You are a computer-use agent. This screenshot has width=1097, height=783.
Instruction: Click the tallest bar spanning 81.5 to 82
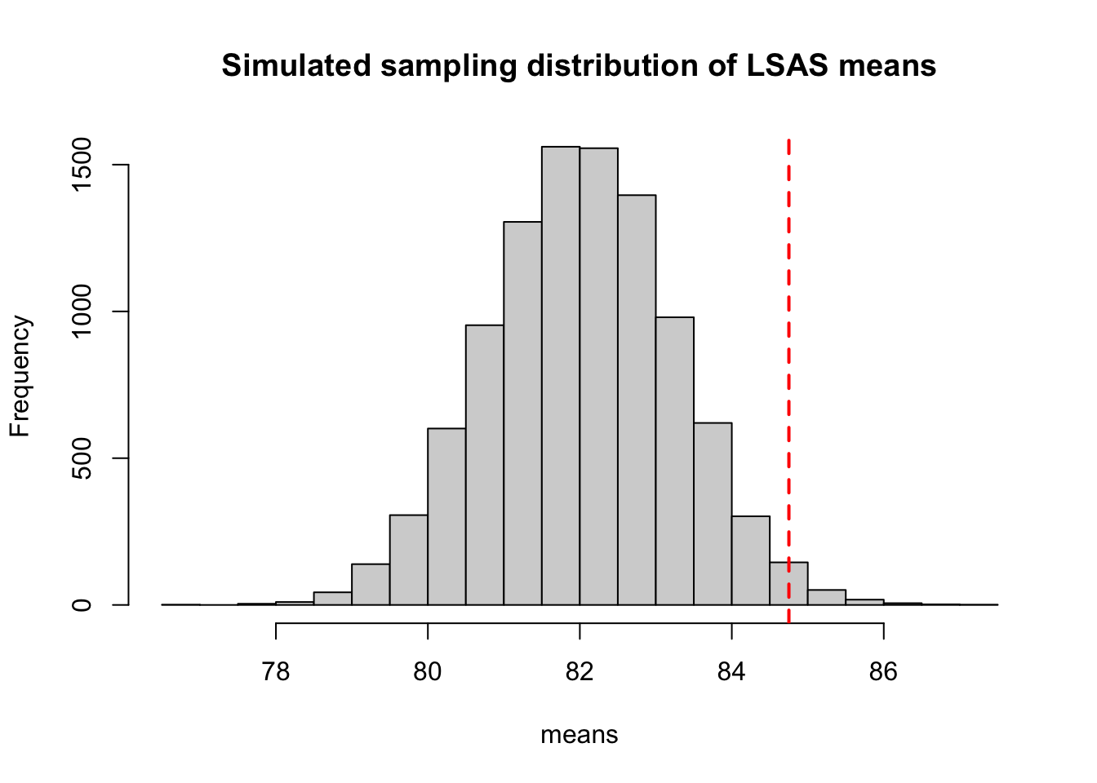point(561,375)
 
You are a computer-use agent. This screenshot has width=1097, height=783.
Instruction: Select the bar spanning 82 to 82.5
point(598,376)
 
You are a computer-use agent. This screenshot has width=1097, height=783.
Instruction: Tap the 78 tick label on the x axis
point(276,672)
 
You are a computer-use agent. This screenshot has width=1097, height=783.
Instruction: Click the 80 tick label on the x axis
point(428,672)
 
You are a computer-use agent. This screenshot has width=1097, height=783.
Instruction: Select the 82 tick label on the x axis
point(580,672)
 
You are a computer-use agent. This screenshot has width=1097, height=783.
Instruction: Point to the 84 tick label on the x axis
point(731,672)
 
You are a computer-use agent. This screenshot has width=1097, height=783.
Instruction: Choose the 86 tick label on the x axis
point(883,672)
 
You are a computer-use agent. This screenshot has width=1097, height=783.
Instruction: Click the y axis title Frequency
point(20,376)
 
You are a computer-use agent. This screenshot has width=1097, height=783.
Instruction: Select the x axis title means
point(579,735)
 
